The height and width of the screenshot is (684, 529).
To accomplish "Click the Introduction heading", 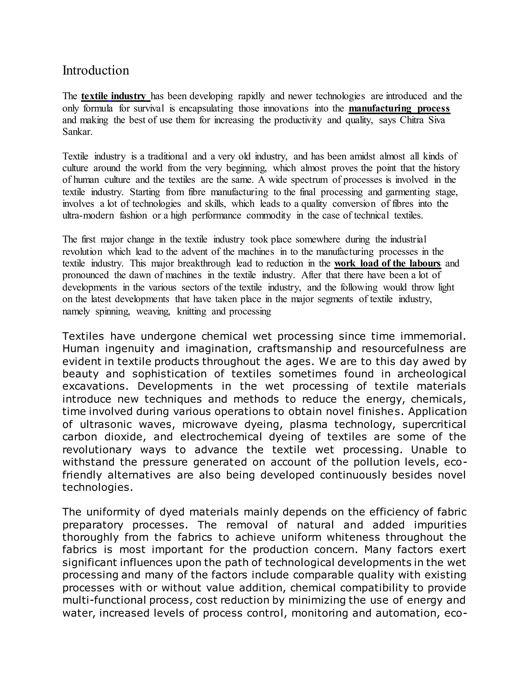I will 96,70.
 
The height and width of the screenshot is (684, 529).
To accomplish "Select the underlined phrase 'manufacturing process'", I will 399,108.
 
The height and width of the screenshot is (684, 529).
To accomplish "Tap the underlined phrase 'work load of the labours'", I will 388,263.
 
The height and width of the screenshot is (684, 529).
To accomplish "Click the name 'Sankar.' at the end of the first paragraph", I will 77,132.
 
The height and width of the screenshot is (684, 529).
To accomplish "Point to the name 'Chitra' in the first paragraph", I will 411,120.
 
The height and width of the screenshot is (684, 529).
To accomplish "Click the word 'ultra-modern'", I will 88,216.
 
